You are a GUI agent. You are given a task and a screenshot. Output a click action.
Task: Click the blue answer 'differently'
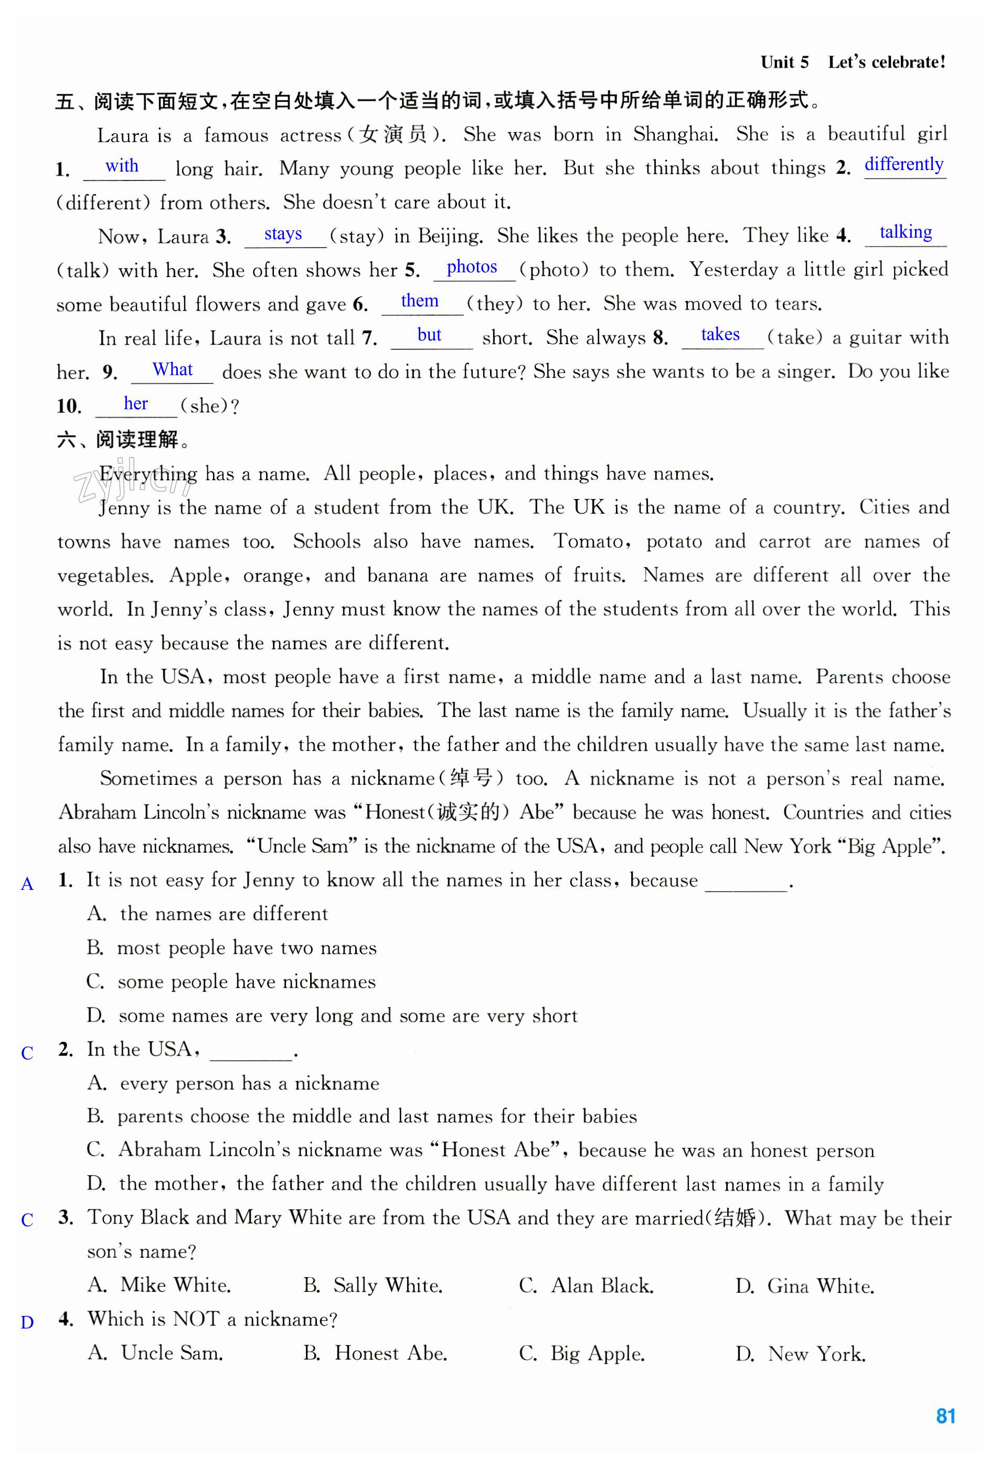click(903, 165)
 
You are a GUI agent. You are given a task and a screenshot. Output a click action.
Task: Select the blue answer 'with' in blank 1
click(122, 166)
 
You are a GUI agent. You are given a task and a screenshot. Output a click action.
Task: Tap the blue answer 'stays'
click(283, 234)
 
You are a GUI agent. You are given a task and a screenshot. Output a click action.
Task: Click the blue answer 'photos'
click(471, 267)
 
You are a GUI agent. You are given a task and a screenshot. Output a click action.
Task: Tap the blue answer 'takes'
click(720, 334)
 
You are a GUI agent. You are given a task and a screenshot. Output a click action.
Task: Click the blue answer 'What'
click(172, 370)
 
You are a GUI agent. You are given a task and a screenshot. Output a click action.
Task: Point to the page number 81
click(945, 1415)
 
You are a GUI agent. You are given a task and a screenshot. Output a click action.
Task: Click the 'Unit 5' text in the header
click(784, 62)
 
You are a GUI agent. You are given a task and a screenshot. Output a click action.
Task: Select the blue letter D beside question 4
click(27, 1322)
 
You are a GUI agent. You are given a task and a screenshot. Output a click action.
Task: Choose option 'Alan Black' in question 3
click(602, 1286)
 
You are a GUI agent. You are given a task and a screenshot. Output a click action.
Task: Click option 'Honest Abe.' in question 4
click(390, 1353)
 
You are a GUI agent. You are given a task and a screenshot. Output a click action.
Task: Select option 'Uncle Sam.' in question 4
click(172, 1353)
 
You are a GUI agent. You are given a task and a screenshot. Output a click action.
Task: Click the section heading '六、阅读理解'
click(123, 440)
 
